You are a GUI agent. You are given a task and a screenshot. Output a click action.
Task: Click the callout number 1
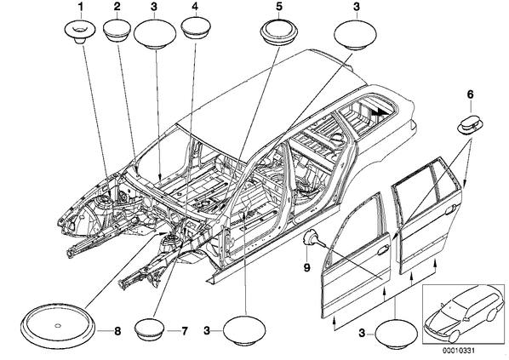(x=80, y=6)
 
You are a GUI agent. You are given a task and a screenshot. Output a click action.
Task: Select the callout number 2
(x=117, y=6)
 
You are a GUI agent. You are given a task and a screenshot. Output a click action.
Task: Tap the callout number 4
(x=194, y=6)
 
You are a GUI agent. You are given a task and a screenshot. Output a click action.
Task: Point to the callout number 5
(x=279, y=6)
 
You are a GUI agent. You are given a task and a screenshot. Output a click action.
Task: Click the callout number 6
(x=470, y=94)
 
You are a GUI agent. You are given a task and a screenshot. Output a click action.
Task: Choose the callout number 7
(x=184, y=331)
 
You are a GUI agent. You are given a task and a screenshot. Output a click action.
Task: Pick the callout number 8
(x=117, y=331)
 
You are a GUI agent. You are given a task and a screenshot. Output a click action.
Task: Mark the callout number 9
(x=306, y=267)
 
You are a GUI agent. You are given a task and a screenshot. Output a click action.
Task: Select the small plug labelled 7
(x=149, y=330)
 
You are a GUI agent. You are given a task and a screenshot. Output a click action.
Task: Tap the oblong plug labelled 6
(x=469, y=124)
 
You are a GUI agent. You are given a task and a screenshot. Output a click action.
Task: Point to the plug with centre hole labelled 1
(x=79, y=31)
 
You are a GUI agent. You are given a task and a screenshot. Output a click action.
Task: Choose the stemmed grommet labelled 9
(x=313, y=239)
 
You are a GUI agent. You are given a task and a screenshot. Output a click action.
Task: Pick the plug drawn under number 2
(x=117, y=31)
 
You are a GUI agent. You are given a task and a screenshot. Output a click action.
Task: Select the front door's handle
(x=382, y=250)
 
